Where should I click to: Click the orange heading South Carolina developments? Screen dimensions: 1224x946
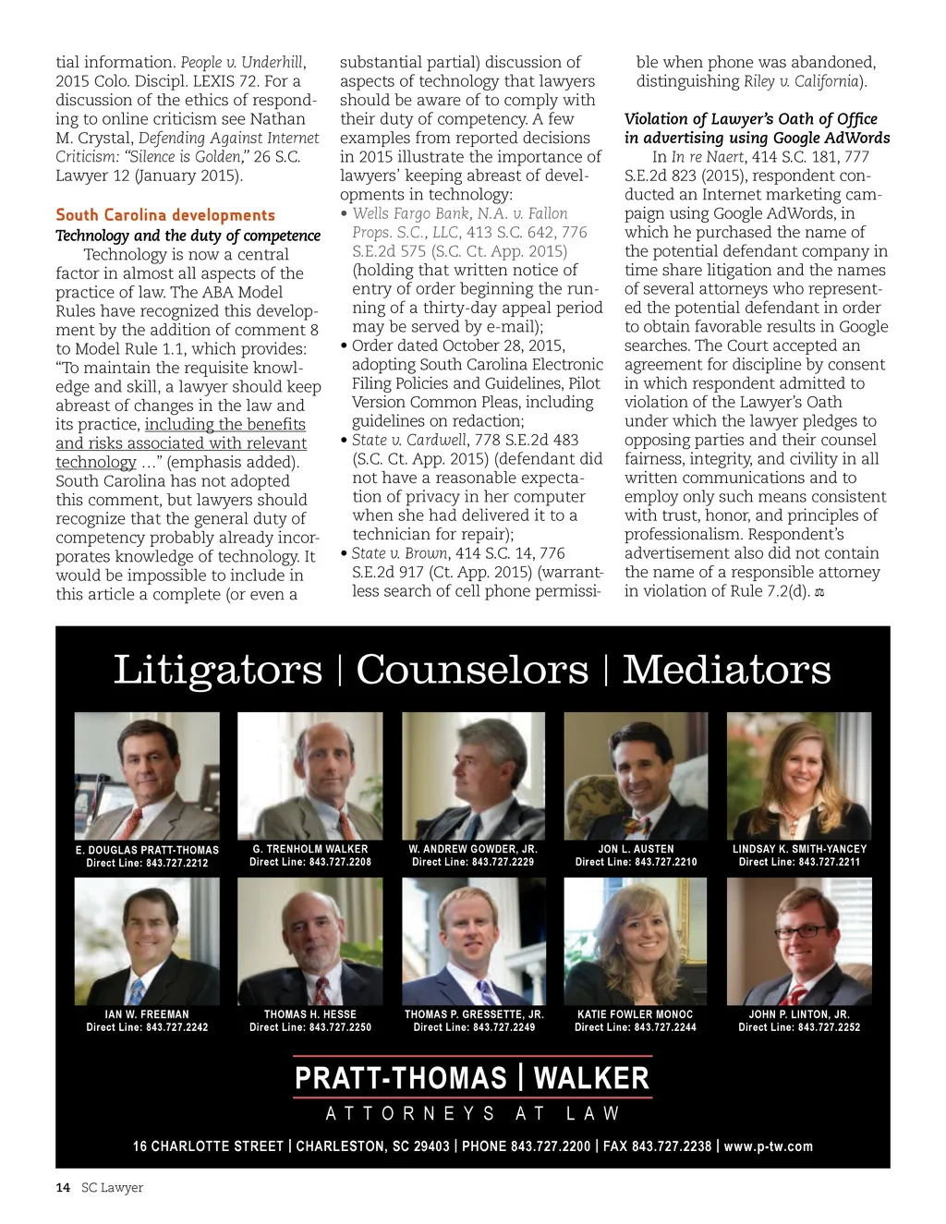pos(165,215)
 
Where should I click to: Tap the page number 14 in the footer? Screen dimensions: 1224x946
pos(63,1188)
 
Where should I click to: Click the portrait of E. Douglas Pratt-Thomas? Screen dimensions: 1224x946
pos(147,775)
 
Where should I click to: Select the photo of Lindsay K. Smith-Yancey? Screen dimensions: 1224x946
pos(799,775)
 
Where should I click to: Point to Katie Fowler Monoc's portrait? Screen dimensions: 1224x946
pos(636,940)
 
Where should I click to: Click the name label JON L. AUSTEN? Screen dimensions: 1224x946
pos(636,849)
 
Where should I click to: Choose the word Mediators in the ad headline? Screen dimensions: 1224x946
pos(726,670)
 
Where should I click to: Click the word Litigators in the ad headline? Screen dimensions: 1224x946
pos(218,670)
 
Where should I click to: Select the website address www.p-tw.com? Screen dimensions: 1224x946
pos(769,1146)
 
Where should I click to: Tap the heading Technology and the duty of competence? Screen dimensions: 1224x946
pos(188,236)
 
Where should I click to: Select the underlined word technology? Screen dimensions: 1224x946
pos(96,462)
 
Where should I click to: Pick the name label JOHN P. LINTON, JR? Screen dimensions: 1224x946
pos(799,1014)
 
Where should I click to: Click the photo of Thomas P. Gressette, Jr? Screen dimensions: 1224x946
pos(473,940)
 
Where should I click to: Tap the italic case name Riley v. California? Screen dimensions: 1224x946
pos(801,81)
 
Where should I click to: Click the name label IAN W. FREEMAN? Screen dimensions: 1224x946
pos(147,1014)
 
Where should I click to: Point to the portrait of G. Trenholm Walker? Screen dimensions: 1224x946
pos(310,775)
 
